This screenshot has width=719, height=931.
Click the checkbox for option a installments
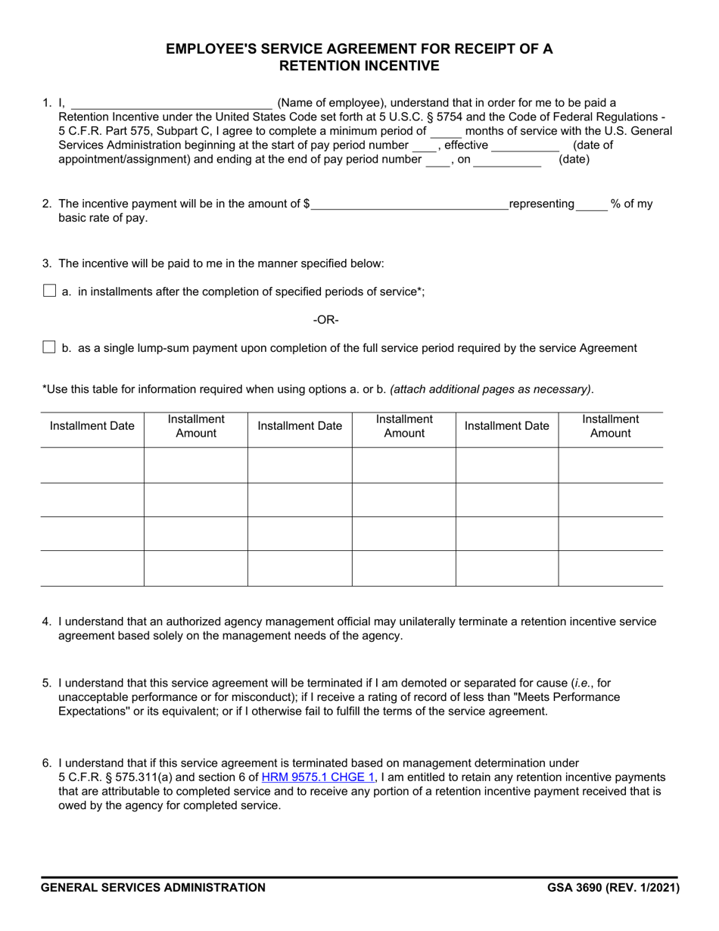click(50, 291)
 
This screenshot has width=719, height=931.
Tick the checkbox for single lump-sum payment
click(50, 347)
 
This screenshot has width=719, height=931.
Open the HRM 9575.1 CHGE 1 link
click(318, 777)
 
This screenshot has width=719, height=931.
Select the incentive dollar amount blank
click(409, 204)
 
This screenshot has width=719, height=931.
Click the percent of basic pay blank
click(592, 204)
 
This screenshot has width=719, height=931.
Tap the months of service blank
click(446, 131)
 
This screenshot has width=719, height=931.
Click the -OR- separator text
click(326, 320)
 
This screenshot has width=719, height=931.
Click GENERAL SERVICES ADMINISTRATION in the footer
click(154, 888)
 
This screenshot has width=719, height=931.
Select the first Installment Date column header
click(92, 426)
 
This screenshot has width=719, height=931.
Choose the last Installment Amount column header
click(610, 426)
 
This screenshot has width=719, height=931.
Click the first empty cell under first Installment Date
click(92, 465)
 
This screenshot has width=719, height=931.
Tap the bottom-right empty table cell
click(610, 568)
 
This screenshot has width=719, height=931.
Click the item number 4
click(47, 621)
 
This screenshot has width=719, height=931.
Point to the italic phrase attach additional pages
click(490, 390)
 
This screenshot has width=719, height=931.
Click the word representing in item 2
click(542, 204)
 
